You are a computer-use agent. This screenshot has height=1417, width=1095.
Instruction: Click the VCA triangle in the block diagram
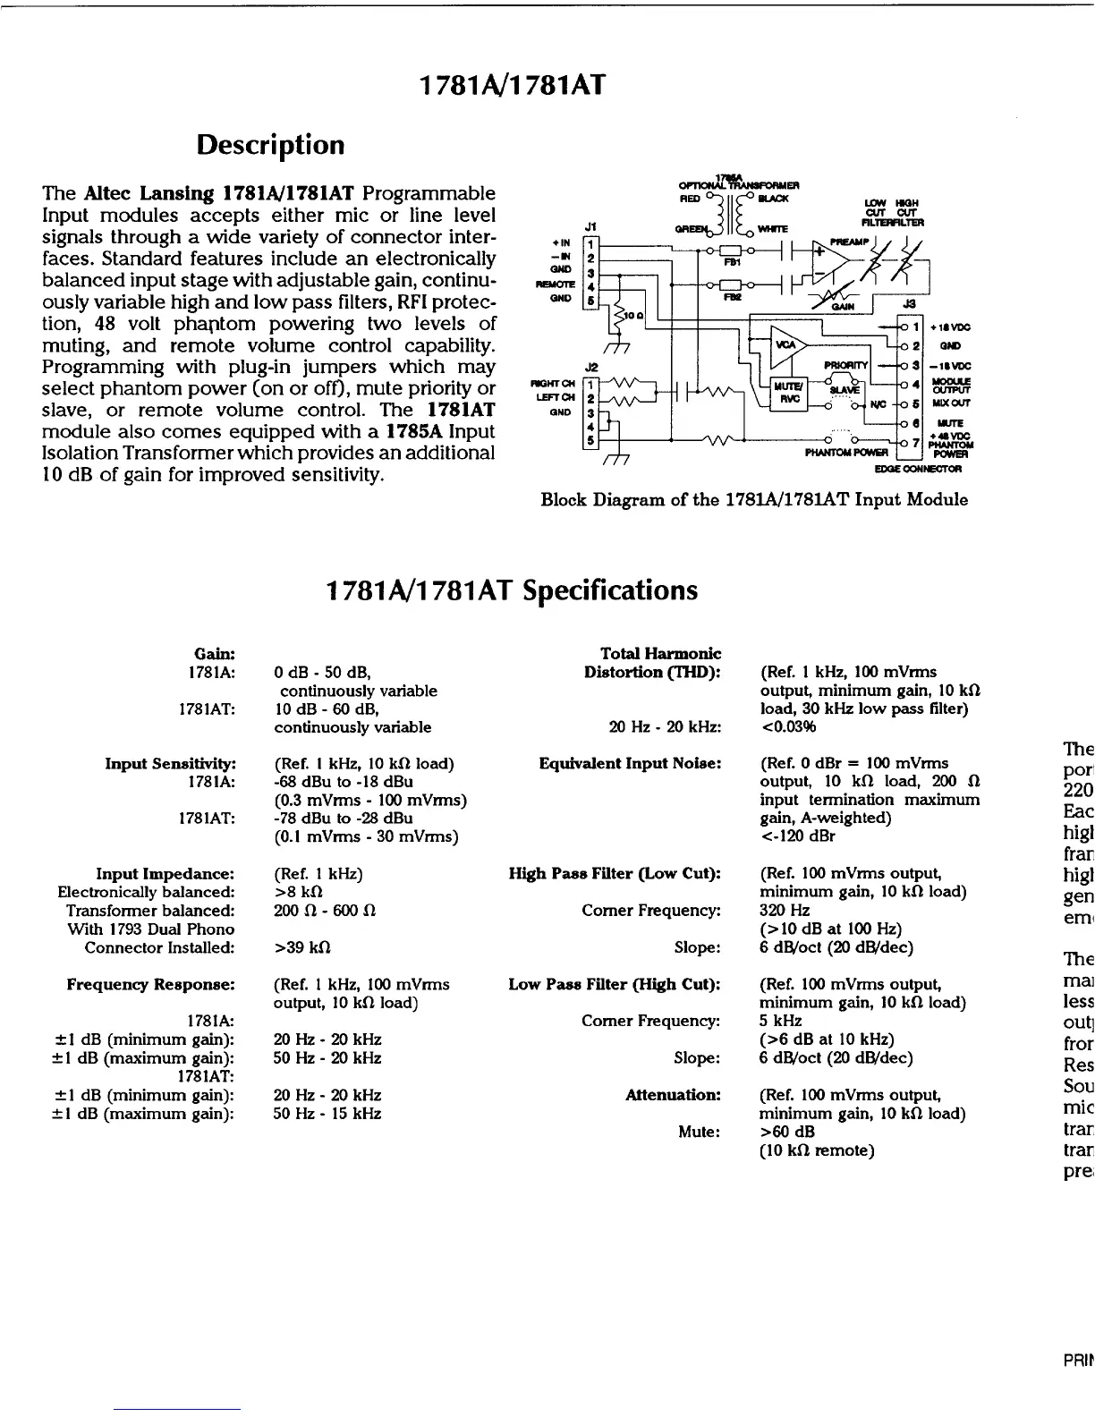pos(788,345)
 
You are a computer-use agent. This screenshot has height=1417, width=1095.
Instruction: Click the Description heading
pos(270,144)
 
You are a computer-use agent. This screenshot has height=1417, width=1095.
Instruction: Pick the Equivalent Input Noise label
pos(630,763)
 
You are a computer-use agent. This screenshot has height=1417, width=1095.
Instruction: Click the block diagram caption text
pos(754,499)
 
